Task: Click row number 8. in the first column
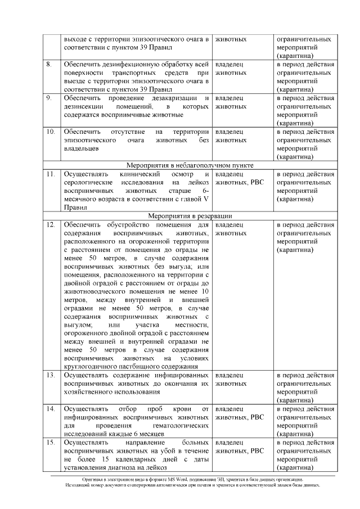(x=50, y=65)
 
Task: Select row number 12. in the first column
(x=51, y=224)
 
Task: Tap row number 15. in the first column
(x=51, y=443)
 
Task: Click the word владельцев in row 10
(x=82, y=148)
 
